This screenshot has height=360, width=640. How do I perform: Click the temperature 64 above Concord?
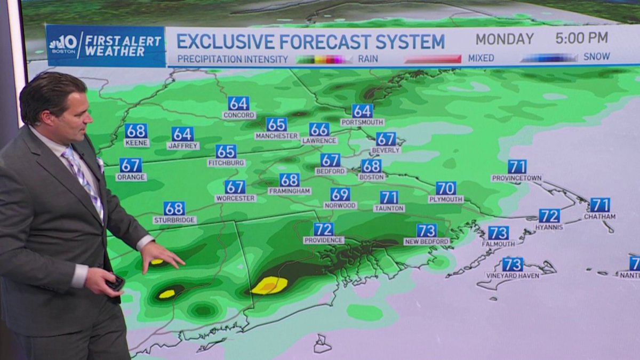click(238, 103)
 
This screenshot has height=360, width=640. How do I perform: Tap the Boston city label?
click(372, 177)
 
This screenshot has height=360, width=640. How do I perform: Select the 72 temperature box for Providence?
click(324, 229)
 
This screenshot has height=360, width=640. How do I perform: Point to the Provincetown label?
click(517, 178)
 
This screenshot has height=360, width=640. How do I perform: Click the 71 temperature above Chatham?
click(600, 205)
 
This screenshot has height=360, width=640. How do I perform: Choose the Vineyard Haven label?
click(513, 276)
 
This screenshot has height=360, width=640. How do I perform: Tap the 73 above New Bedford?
click(427, 230)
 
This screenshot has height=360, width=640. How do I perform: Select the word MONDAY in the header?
click(505, 39)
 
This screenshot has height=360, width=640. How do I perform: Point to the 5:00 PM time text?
click(581, 38)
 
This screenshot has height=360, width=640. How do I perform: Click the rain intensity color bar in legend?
click(324, 59)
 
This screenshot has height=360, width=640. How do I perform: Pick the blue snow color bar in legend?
click(549, 58)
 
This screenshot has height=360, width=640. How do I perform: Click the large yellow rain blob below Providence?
click(269, 286)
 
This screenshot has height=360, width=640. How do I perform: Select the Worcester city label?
click(235, 198)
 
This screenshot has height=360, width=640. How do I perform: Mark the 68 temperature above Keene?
click(136, 131)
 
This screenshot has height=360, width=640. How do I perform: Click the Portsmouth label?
click(362, 122)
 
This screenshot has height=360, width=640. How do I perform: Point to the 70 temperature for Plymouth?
click(446, 188)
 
